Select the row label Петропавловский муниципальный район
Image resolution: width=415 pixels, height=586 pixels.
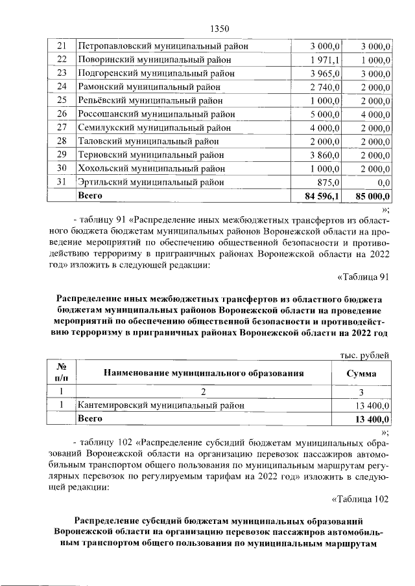point(163,46)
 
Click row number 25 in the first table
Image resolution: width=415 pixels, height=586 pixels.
point(62,100)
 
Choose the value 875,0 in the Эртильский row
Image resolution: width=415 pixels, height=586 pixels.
point(329,182)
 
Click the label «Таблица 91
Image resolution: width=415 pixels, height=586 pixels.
point(363,277)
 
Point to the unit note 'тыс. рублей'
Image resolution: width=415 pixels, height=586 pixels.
point(365,354)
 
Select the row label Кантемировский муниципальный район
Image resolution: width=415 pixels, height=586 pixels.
point(161,405)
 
